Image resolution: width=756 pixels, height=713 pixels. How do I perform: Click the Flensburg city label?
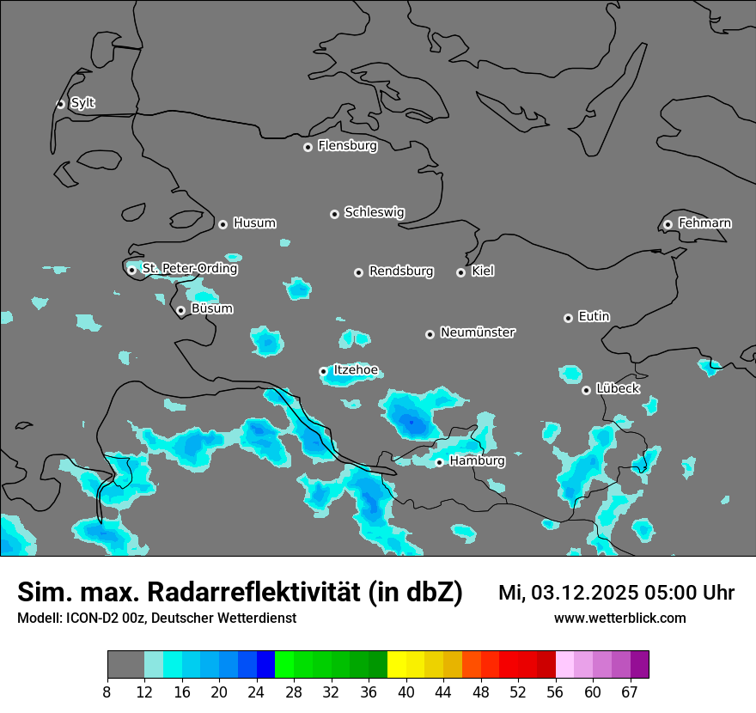click(x=347, y=146)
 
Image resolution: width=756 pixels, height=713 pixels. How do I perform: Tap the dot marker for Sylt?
click(x=61, y=104)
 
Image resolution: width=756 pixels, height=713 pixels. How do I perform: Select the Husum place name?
click(x=254, y=223)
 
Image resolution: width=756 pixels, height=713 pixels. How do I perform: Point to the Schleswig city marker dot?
click(x=335, y=214)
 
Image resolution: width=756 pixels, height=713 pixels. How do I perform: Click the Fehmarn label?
click(x=704, y=223)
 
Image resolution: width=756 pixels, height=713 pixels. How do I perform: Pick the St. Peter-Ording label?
click(x=189, y=269)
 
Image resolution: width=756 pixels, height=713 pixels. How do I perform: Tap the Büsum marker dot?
click(x=180, y=310)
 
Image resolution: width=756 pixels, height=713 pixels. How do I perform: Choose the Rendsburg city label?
click(x=401, y=271)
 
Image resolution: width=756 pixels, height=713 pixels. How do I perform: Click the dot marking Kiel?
click(x=460, y=272)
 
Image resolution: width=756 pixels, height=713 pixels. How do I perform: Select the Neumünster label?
click(x=478, y=332)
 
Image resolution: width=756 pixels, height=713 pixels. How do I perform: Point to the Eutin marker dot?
click(x=568, y=318)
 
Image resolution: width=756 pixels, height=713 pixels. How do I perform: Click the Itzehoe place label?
click(x=355, y=370)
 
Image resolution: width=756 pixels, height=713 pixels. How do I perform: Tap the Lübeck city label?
click(x=618, y=388)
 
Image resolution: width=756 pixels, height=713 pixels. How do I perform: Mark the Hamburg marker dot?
click(x=439, y=462)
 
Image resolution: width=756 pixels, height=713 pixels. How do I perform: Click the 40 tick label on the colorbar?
click(x=405, y=692)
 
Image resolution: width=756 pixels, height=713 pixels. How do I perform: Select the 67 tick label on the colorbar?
click(x=630, y=692)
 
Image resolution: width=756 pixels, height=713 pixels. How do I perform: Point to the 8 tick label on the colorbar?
click(x=107, y=692)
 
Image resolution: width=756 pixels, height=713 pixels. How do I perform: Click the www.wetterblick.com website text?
click(x=619, y=619)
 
